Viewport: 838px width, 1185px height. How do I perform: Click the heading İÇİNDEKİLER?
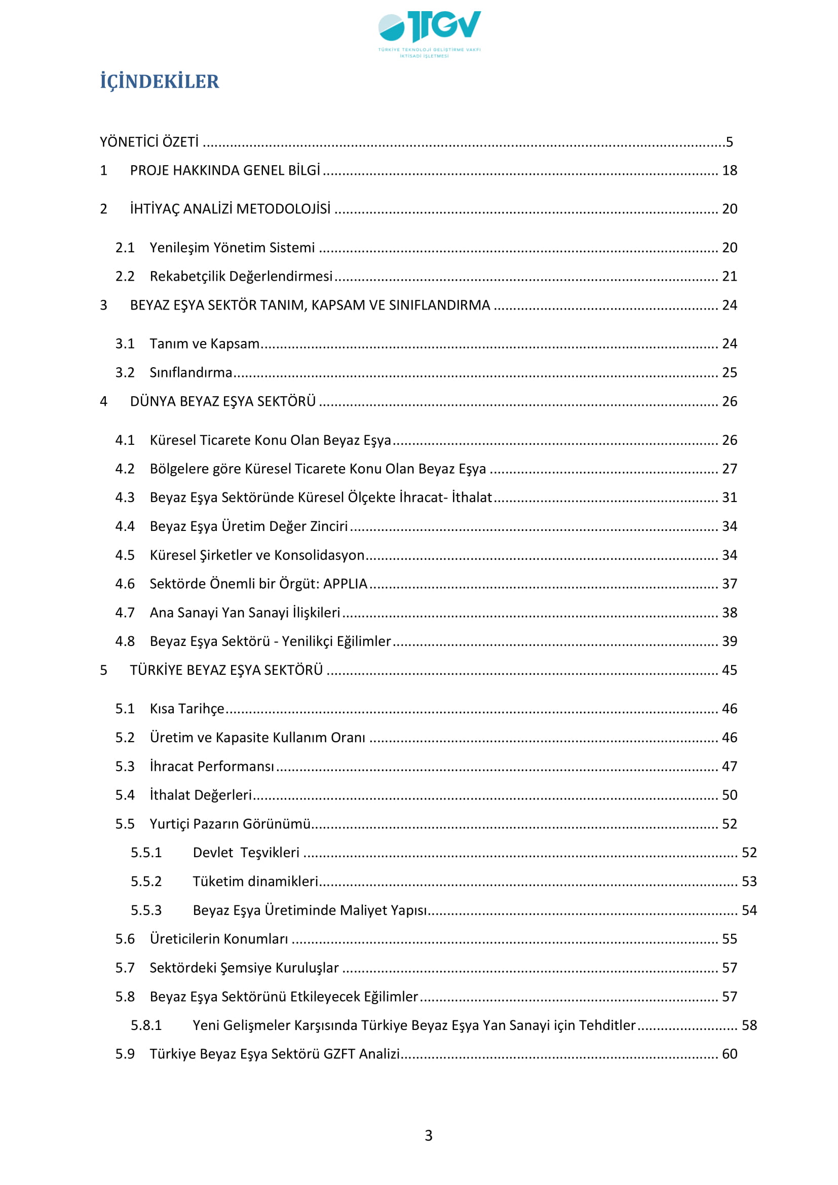click(x=160, y=82)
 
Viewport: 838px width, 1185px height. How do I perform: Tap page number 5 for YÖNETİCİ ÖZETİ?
click(x=729, y=142)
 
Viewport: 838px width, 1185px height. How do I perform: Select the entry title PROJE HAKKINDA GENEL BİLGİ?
click(x=225, y=170)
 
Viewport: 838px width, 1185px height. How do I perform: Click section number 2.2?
click(x=124, y=276)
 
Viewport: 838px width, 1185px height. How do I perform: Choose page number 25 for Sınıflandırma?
click(x=729, y=372)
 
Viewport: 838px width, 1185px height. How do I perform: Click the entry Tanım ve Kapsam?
click(x=204, y=343)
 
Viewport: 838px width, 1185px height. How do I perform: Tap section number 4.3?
click(x=124, y=497)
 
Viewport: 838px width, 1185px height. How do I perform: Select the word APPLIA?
click(x=345, y=584)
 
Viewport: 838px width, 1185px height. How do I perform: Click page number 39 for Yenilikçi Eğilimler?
click(x=729, y=641)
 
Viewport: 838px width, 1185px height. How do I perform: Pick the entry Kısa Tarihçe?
click(x=187, y=709)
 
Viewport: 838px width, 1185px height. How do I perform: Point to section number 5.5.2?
click(x=146, y=881)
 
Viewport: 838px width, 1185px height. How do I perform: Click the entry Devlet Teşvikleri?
click(x=246, y=852)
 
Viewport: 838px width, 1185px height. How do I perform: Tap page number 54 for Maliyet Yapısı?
click(x=749, y=910)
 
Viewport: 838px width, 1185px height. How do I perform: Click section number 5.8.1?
click(x=146, y=1025)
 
